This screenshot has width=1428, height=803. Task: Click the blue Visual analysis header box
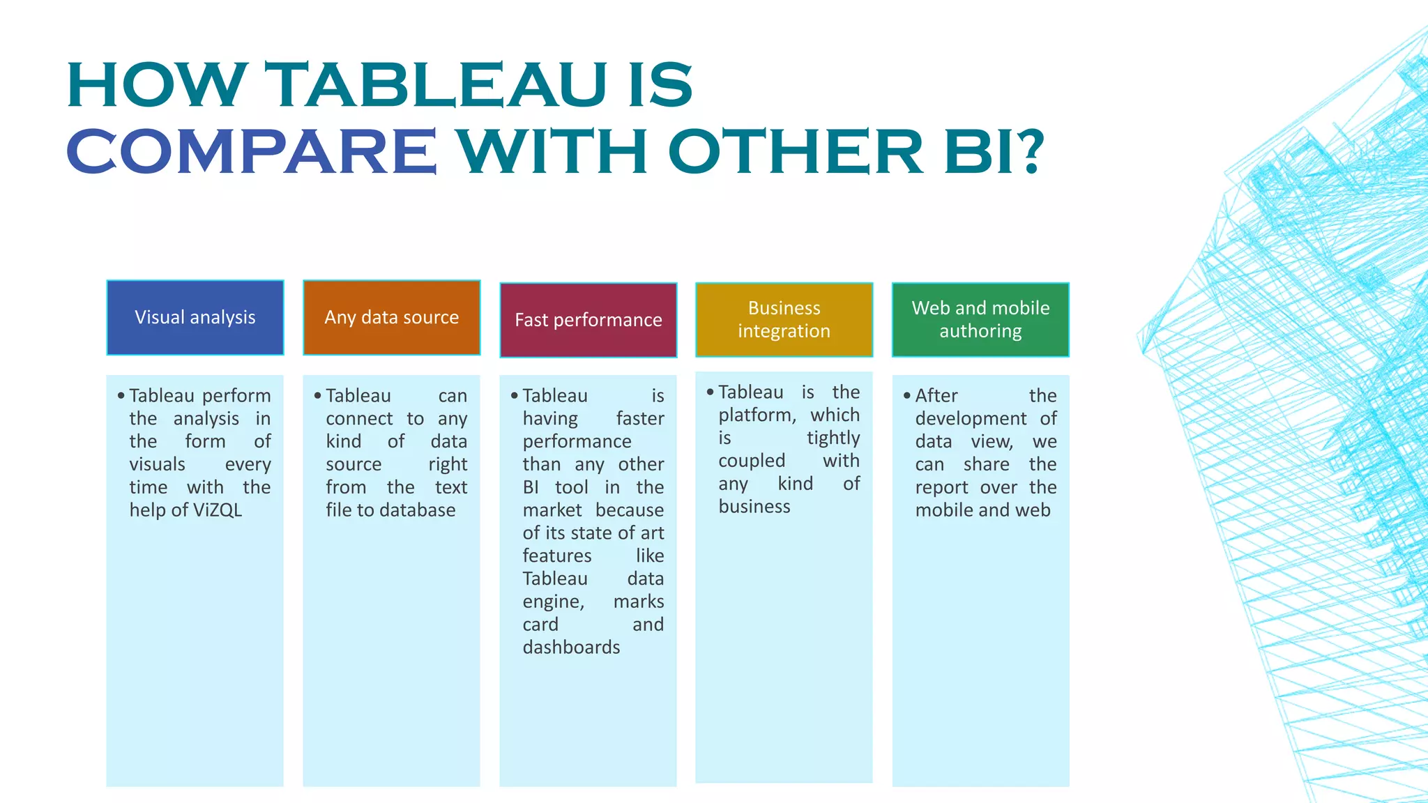pos(195,318)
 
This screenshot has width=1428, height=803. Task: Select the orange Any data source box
pos(391,318)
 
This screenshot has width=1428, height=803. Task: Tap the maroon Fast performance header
pos(588,320)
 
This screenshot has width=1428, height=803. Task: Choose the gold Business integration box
pos(784,320)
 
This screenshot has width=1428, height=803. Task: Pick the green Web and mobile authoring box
pos(980,320)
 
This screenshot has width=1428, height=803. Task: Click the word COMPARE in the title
pos(251,151)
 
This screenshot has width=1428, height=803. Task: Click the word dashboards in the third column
pos(571,648)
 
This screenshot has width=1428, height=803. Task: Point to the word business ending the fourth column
pos(754,507)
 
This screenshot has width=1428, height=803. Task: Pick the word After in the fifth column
pos(936,396)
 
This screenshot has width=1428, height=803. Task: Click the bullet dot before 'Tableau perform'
pos(121,396)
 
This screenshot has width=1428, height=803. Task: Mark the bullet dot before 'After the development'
pos(907,396)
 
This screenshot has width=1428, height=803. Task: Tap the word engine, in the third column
pos(554,602)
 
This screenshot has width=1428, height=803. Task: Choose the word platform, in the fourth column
pos(757,415)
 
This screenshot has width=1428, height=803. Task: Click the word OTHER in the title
pos(796,151)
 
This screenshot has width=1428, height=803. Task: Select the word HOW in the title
pos(157,85)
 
